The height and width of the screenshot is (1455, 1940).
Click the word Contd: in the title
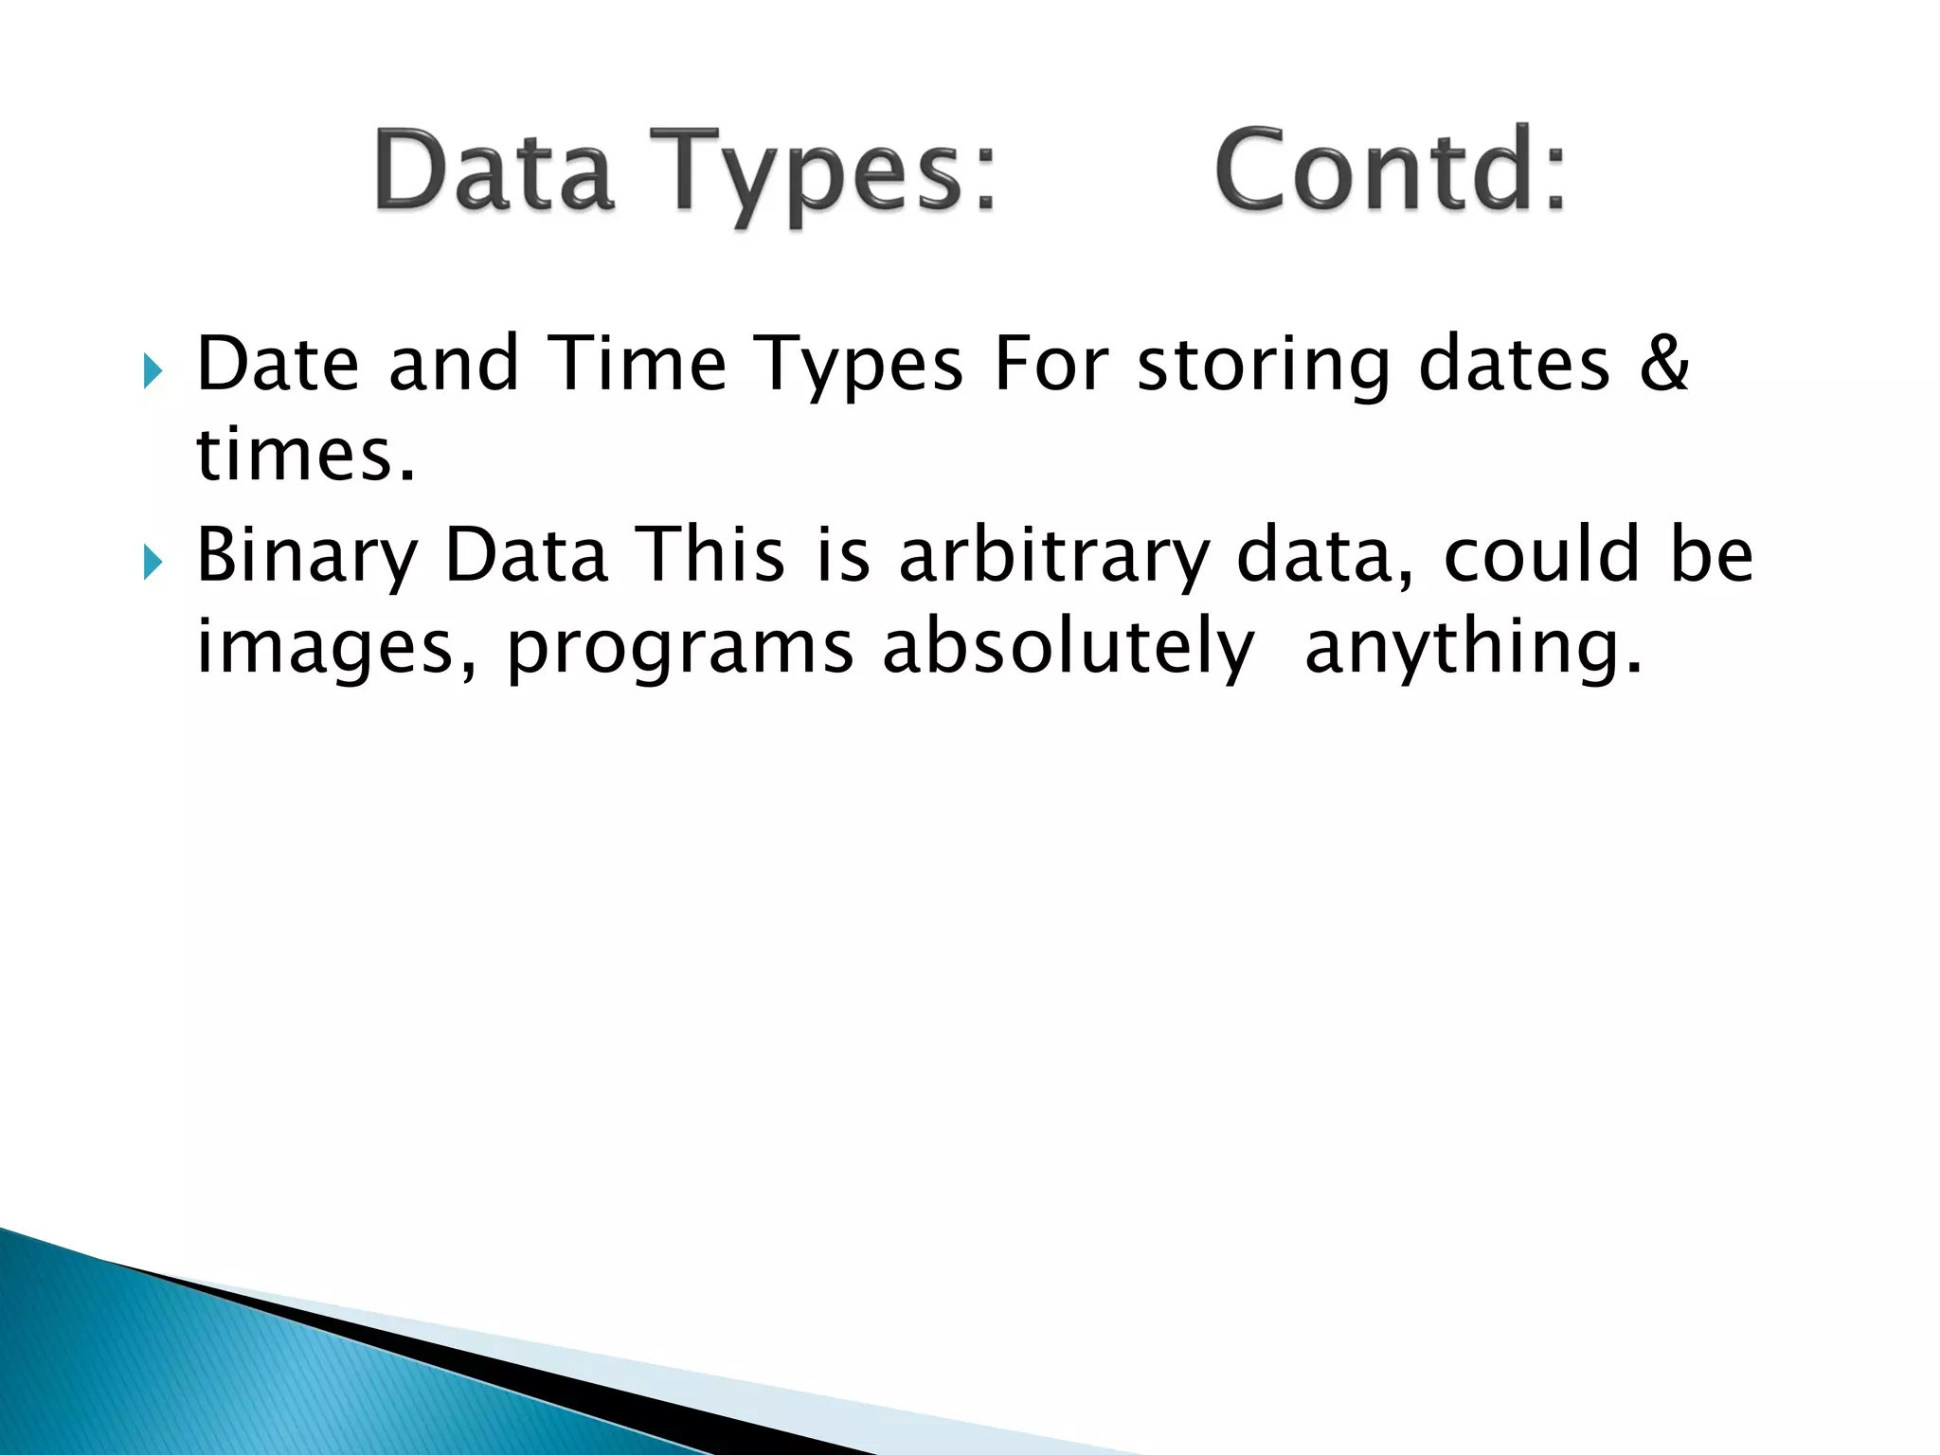[x=1390, y=171]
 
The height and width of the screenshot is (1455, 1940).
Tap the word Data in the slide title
[x=494, y=171]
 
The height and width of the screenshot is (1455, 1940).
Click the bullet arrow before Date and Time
[x=152, y=372]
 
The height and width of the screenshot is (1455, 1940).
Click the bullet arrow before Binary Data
[x=152, y=563]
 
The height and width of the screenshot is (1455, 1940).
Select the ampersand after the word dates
[x=1663, y=364]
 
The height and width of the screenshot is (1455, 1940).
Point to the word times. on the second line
[x=305, y=456]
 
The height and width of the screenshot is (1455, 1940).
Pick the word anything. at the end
[x=1473, y=650]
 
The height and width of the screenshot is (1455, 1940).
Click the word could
[x=1541, y=555]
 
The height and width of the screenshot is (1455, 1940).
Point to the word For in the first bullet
[x=1051, y=364]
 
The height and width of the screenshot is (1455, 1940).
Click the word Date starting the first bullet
[x=278, y=364]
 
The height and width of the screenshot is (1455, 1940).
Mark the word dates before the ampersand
[x=1514, y=364]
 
